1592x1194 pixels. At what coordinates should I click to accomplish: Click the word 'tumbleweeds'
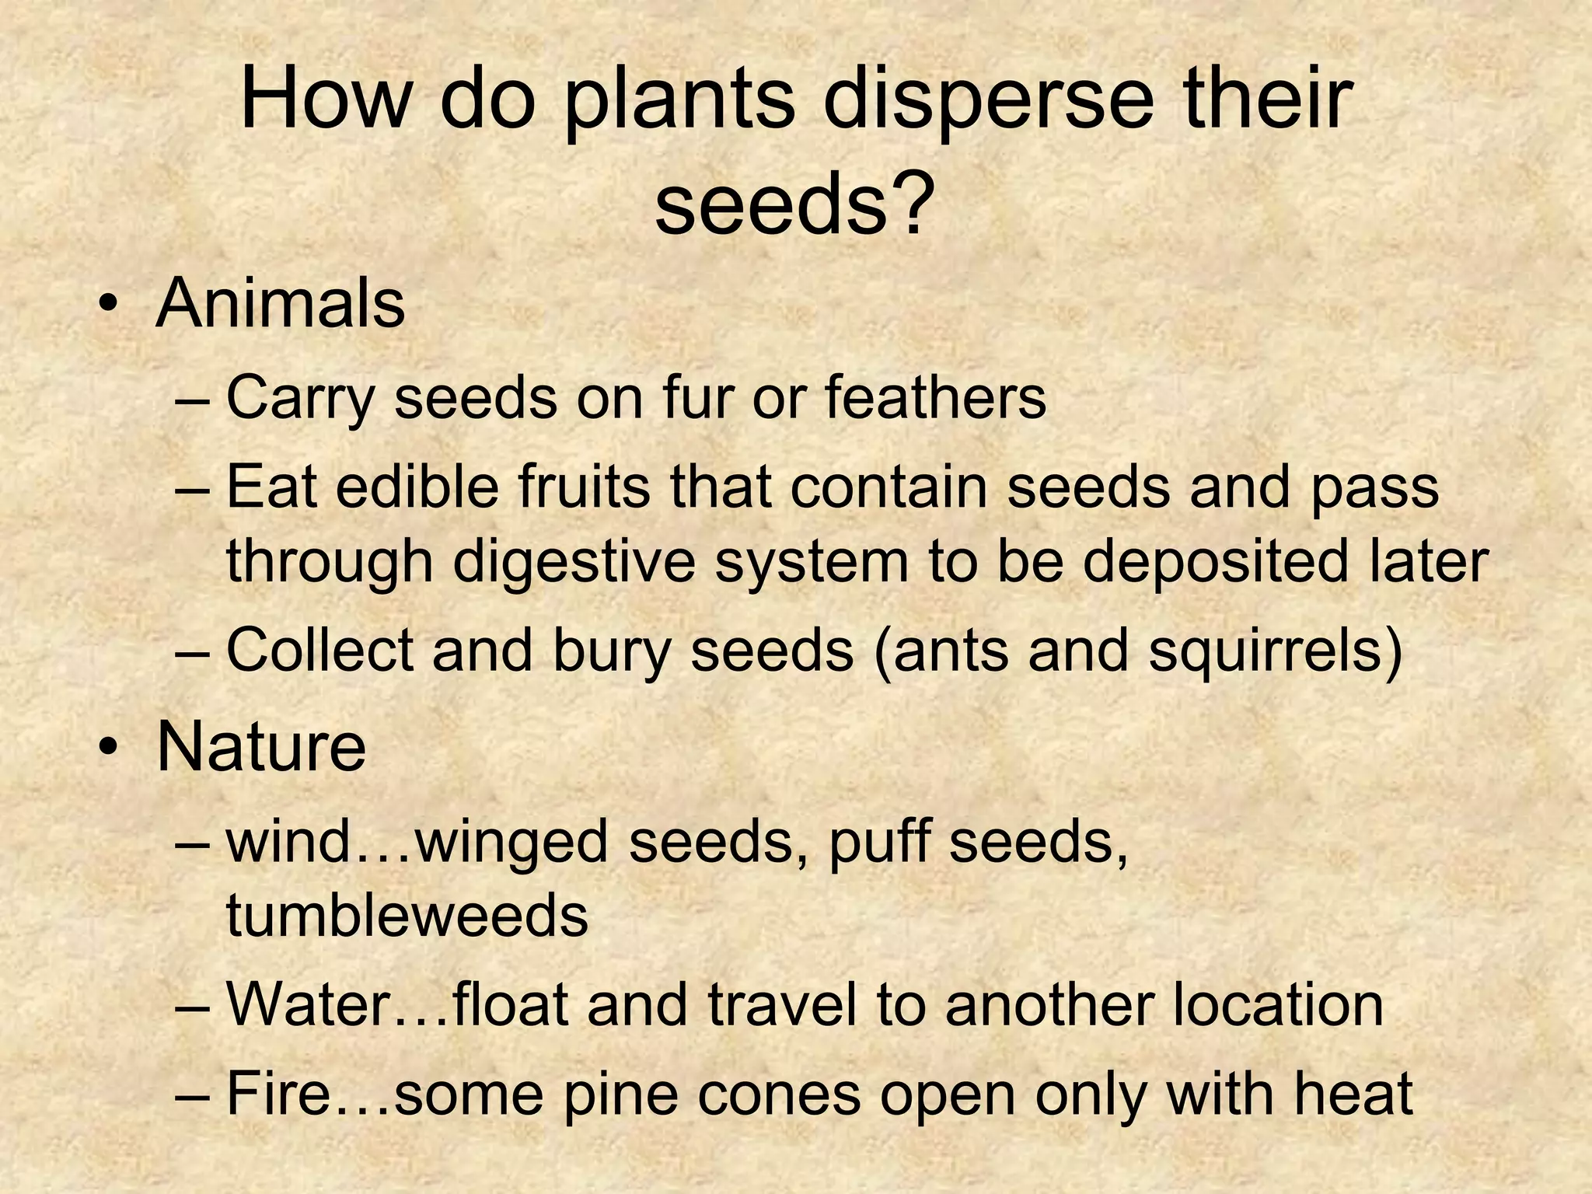[407, 915]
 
